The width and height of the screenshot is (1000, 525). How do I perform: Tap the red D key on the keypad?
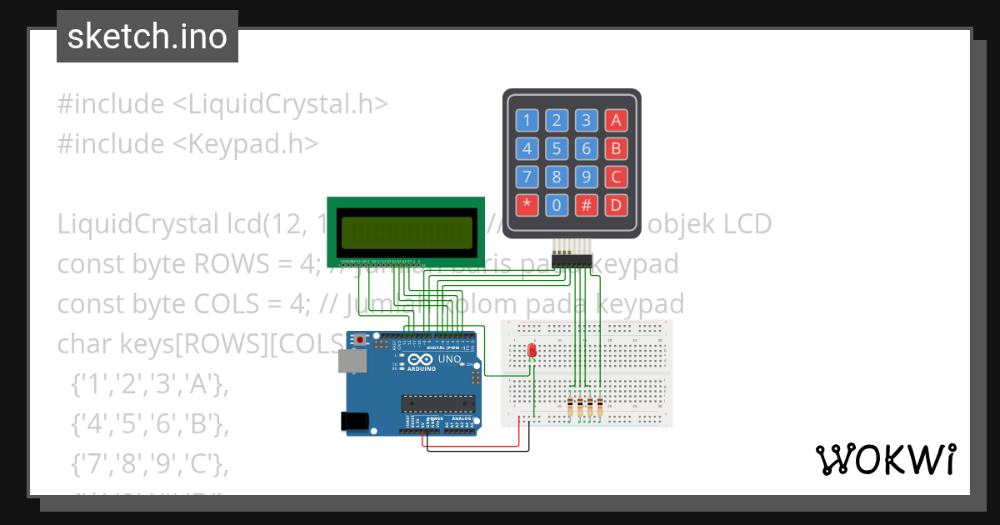click(x=616, y=205)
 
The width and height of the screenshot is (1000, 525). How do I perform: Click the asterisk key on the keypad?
click(x=526, y=205)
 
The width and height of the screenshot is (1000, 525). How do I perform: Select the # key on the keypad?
click(x=587, y=205)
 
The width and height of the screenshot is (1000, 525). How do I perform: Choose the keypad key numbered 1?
click(x=526, y=121)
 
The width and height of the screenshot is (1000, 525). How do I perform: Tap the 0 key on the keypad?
click(x=557, y=205)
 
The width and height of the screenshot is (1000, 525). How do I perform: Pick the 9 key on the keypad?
click(x=587, y=177)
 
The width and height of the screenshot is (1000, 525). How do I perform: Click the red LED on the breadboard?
click(x=532, y=352)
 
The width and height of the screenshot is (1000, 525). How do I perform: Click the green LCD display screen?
click(x=405, y=228)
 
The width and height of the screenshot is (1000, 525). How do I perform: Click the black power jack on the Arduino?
click(x=357, y=422)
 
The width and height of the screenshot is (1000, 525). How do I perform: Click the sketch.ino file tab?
click(x=147, y=37)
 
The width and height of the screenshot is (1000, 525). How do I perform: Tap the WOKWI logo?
click(x=885, y=459)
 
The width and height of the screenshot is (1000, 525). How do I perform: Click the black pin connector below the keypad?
click(x=572, y=261)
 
